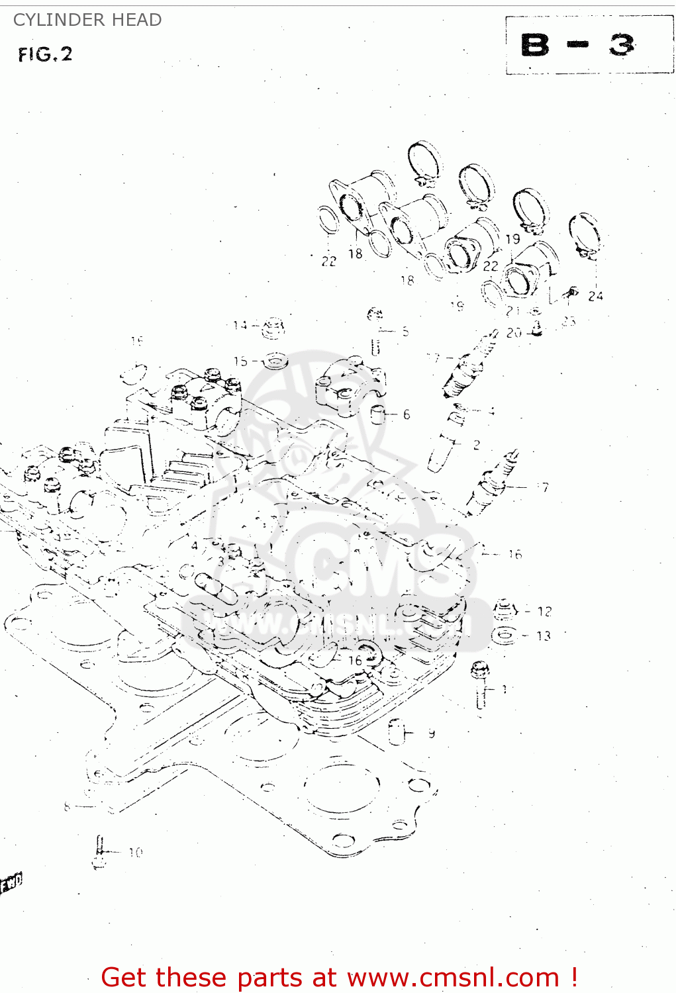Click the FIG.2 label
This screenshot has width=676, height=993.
coord(45,54)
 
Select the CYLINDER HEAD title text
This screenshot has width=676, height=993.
coord(87,20)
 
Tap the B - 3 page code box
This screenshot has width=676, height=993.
coord(589,44)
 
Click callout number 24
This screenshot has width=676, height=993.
coord(595,296)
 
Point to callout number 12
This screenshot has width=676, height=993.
coord(544,611)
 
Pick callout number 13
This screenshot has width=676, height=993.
coord(544,636)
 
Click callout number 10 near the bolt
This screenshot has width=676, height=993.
coord(135,852)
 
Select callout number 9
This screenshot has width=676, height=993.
coord(432,733)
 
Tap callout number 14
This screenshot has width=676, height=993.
coord(240,325)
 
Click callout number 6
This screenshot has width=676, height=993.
coord(407,414)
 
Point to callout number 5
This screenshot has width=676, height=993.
coord(405,331)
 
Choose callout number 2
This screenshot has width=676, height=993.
coord(476,444)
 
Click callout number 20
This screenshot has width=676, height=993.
coord(514,332)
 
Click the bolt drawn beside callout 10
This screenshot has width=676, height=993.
coord(99,851)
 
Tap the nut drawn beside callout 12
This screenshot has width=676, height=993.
coord(505,608)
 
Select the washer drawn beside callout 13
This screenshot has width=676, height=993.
coord(503,636)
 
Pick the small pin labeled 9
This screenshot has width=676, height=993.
coord(397,732)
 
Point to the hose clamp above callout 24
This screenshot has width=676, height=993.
coord(585,236)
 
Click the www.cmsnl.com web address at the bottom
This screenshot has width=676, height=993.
coord(453,977)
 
